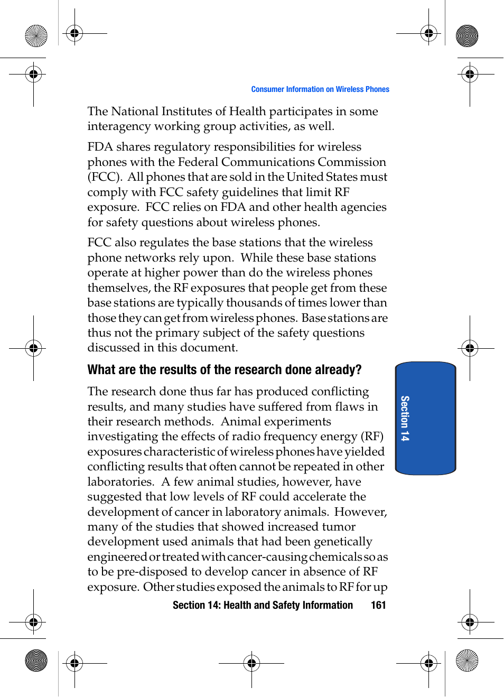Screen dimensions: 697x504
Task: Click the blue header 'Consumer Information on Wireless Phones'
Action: (320, 89)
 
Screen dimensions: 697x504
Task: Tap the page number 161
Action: (378, 605)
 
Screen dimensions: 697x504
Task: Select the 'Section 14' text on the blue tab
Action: (405, 418)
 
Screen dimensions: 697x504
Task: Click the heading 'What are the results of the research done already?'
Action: (224, 369)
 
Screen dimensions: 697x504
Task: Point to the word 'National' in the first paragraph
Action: (135, 111)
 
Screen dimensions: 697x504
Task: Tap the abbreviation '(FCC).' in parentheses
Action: (105, 177)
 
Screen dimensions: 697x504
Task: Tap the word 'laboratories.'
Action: (120, 482)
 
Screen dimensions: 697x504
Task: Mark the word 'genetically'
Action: (343, 542)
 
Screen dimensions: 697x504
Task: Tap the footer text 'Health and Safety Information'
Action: (288, 605)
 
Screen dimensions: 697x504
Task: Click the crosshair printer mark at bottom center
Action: (251, 663)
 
